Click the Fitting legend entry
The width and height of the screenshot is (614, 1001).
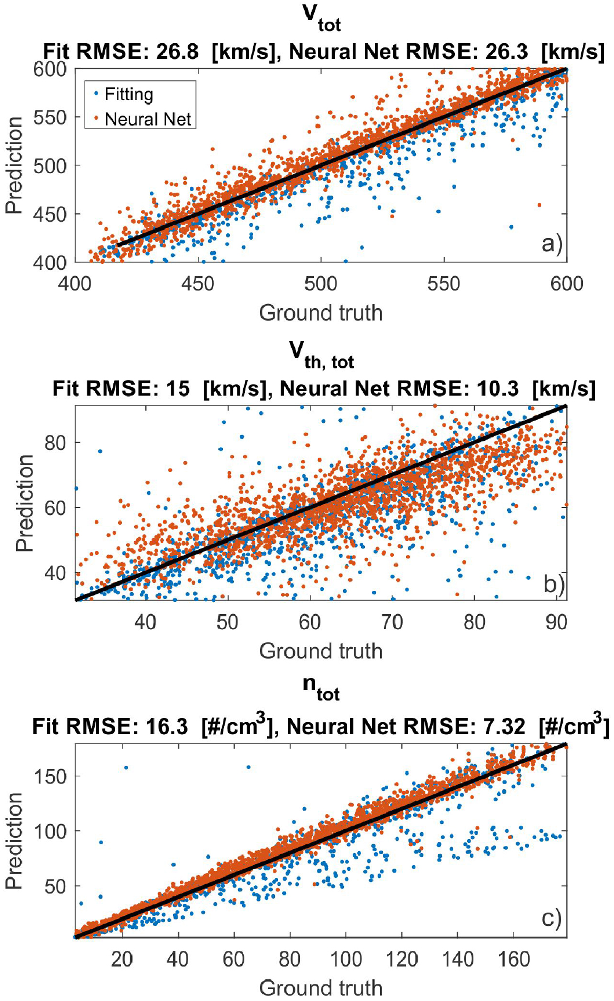pyautogui.click(x=128, y=95)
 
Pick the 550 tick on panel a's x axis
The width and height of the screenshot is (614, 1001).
pyautogui.click(x=443, y=284)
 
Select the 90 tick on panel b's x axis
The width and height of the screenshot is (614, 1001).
pyautogui.click(x=556, y=622)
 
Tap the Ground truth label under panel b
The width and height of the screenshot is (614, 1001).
pyautogui.click(x=321, y=651)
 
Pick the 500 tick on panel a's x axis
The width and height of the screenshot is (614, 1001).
pyautogui.click(x=321, y=284)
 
